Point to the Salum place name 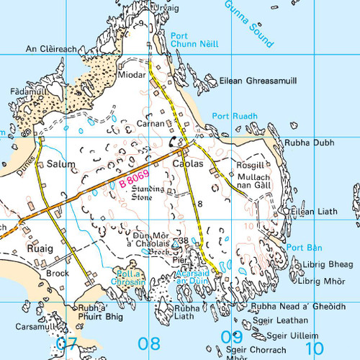pyautogui.click(x=60, y=165)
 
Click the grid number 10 pyautogui.click(x=313, y=348)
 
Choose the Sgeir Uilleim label pyautogui.click(x=292, y=336)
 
